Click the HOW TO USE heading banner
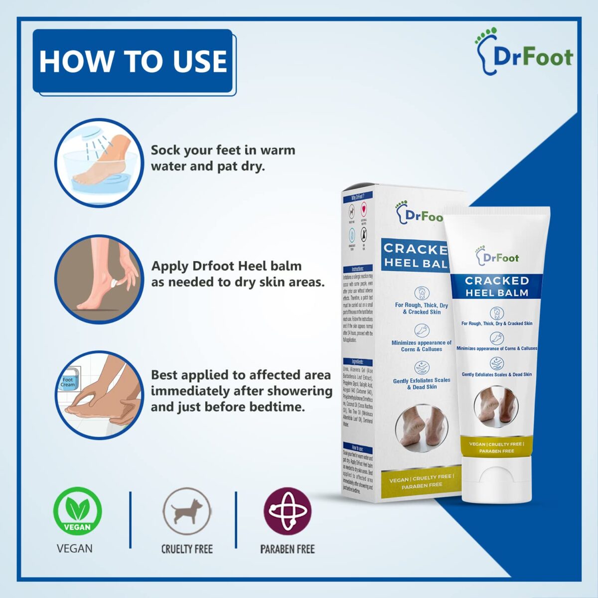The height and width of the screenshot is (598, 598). pos(133,61)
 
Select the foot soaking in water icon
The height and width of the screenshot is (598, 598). pos(98,163)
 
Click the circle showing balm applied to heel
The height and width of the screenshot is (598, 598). pos(98,280)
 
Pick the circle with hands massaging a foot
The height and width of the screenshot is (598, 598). pos(98,395)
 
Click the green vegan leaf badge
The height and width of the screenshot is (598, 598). pos(77,512)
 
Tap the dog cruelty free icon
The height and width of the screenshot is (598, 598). pos(187,512)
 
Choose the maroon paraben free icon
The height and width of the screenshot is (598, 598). pos(288,512)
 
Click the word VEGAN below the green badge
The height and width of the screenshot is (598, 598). pos(75,549)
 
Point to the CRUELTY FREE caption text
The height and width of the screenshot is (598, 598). pos(187,549)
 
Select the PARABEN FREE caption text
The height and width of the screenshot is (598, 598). pos(288,549)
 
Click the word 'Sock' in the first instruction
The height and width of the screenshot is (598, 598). pos(165,150)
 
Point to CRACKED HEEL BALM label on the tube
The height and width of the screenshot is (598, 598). pos(496,287)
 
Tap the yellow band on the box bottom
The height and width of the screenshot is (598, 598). pos(421,480)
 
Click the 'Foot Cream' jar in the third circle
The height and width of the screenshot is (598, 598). pos(68,382)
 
